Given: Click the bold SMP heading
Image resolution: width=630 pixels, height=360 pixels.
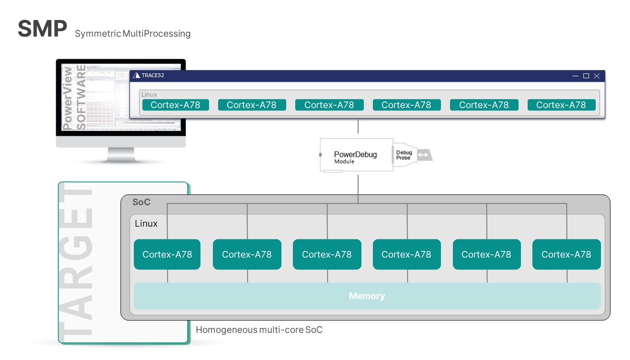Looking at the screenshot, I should click(42, 29).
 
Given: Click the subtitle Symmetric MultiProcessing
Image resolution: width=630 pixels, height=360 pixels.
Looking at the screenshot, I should click(132, 34).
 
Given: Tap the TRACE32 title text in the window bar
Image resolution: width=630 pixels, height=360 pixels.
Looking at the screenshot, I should click(152, 75).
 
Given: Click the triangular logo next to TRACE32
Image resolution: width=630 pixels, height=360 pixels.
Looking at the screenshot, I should click(136, 75).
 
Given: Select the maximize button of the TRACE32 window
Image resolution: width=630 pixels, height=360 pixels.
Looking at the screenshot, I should click(586, 76).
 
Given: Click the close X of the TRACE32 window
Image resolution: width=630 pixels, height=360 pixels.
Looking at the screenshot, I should click(597, 76).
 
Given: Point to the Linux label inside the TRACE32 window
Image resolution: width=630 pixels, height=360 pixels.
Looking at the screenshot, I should click(149, 95).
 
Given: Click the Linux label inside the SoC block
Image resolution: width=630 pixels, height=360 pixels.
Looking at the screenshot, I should click(146, 224).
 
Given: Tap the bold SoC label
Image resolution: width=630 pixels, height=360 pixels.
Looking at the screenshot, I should click(141, 202).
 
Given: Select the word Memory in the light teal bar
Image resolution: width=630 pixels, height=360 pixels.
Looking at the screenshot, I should click(367, 296).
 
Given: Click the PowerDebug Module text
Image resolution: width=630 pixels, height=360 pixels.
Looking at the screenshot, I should click(355, 157).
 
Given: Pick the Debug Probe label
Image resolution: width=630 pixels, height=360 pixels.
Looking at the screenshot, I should click(404, 155).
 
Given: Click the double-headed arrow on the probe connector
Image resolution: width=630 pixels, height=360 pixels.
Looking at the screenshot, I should click(422, 155).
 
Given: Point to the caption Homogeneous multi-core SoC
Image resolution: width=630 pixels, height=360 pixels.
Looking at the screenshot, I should click(259, 330).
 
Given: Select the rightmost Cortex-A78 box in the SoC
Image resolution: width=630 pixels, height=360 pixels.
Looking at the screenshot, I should click(566, 254).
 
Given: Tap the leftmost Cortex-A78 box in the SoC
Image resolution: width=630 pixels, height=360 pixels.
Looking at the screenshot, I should click(167, 254).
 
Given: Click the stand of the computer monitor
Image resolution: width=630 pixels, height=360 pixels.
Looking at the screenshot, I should click(120, 155).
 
